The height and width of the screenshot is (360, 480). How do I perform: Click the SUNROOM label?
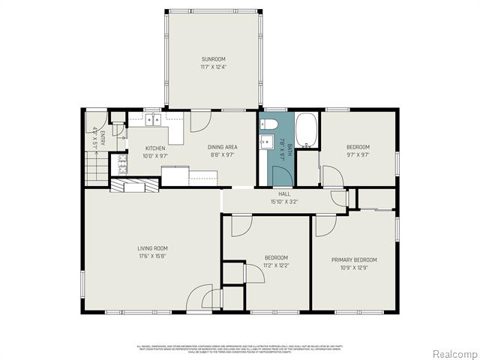(x=212, y=59)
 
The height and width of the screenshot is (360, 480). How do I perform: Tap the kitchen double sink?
(x=154, y=119)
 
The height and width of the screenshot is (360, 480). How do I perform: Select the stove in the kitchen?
(x=118, y=163)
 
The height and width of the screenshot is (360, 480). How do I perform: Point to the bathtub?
(x=307, y=130)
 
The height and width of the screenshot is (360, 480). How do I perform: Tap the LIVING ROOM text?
(x=151, y=248)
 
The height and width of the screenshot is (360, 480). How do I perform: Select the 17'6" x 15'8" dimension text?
(x=151, y=256)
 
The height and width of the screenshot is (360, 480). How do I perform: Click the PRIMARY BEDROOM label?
(x=354, y=260)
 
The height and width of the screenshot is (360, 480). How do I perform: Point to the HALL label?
(x=284, y=193)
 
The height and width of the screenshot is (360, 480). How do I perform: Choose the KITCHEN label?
(x=154, y=148)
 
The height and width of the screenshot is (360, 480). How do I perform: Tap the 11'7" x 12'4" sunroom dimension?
(x=212, y=67)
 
